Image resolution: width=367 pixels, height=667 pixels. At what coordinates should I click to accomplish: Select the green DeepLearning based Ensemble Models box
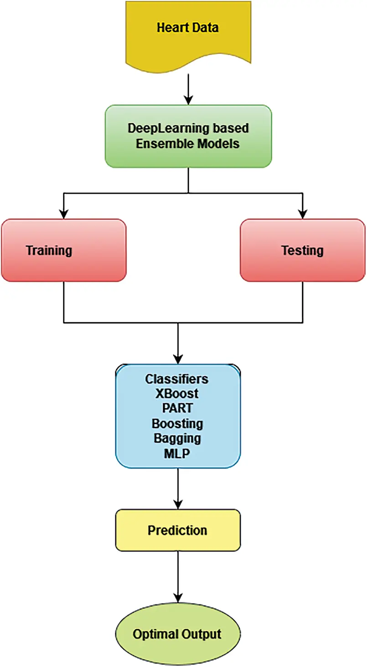(x=188, y=136)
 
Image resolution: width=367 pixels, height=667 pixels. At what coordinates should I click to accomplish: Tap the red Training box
(x=63, y=250)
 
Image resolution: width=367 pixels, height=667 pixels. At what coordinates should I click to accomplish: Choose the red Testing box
(x=303, y=250)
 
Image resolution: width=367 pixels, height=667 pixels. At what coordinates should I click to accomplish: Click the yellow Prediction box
(x=178, y=530)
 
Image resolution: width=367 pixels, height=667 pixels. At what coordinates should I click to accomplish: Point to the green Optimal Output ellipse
(x=177, y=634)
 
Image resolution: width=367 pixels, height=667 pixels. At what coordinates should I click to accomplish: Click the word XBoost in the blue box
(x=177, y=393)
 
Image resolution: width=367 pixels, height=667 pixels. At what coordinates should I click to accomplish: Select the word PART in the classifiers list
(x=177, y=408)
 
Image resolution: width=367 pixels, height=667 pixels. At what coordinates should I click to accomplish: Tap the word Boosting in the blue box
(x=177, y=423)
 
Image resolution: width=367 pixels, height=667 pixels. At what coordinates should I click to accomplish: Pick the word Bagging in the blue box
(x=177, y=438)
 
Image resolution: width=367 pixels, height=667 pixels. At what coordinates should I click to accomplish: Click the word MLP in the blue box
(x=177, y=453)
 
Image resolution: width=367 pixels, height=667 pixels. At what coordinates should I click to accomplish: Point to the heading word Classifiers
(x=177, y=378)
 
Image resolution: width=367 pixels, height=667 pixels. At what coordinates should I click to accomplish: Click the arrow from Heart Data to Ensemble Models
(x=188, y=89)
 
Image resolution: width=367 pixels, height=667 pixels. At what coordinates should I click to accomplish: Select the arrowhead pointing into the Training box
(x=64, y=213)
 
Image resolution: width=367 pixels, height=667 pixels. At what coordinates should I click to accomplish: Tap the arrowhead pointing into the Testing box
(x=302, y=213)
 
